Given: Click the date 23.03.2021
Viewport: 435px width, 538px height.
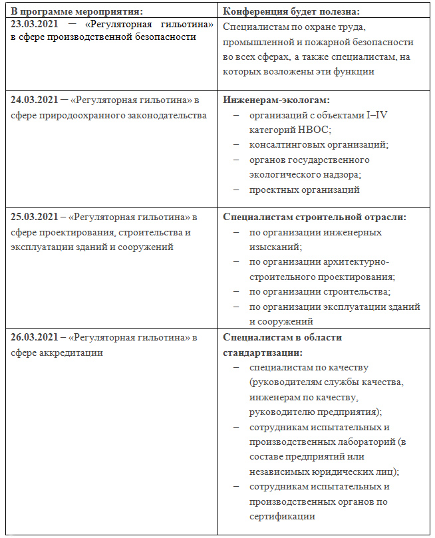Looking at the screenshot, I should point(34,24).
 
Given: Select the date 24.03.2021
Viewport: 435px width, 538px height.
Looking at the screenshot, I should point(34,100).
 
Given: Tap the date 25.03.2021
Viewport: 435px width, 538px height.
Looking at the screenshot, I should point(34,217).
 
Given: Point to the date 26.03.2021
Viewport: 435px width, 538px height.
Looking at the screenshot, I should point(34,337).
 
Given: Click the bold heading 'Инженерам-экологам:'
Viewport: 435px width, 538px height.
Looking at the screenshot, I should point(276,100).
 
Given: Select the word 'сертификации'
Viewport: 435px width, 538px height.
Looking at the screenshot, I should point(282,516).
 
